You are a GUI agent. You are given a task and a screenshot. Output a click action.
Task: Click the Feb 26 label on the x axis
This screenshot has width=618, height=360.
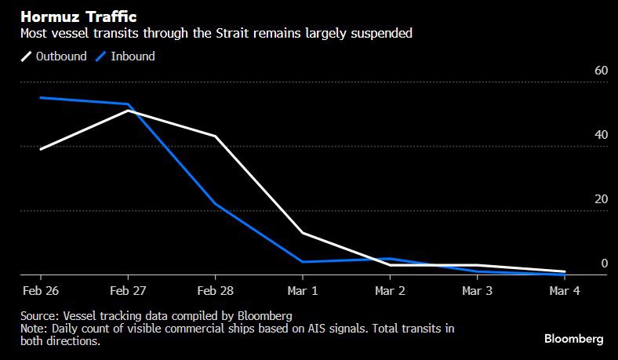point(40,291)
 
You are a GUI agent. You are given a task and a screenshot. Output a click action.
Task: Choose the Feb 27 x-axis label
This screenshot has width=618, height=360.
point(128,291)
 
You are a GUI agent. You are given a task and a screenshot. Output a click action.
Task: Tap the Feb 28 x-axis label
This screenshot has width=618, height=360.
point(216,291)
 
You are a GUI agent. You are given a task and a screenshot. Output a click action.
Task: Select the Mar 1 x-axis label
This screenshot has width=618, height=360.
point(303,291)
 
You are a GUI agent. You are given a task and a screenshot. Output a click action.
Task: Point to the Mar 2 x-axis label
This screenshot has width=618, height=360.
point(391,291)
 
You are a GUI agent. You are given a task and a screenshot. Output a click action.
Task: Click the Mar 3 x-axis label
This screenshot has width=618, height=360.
point(478,291)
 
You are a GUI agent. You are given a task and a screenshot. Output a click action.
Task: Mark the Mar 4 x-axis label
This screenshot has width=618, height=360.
point(565,291)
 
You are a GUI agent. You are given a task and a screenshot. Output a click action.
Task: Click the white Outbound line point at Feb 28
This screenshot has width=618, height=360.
point(216,136)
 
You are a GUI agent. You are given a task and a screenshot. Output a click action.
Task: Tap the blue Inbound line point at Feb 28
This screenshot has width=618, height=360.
point(216,204)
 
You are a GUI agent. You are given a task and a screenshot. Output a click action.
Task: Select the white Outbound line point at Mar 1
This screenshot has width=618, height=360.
point(303,233)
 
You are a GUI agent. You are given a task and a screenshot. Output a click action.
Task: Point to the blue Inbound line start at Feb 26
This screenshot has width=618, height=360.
point(41,98)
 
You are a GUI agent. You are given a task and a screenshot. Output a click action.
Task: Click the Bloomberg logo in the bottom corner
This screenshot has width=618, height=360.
point(574,339)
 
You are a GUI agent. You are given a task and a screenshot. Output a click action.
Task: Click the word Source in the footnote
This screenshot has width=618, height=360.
point(40,315)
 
